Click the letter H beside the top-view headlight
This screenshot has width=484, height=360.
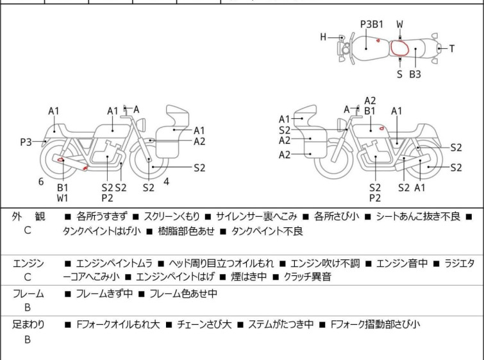(x=324, y=37)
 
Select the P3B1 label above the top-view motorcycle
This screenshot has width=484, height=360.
(x=371, y=24)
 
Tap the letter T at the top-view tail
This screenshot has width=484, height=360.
(x=451, y=48)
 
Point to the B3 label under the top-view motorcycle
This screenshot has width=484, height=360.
(x=415, y=74)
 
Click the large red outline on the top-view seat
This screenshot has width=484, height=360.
(x=401, y=49)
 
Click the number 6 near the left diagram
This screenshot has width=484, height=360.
(x=41, y=182)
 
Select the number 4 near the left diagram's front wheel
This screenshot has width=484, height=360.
(x=166, y=181)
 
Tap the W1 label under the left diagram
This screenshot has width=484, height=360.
(x=62, y=198)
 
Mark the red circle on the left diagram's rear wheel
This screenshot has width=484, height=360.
(x=61, y=160)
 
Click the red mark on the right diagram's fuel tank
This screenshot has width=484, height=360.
(x=382, y=129)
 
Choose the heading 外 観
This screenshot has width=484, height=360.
(x=28, y=217)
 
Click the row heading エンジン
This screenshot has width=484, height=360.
(x=28, y=263)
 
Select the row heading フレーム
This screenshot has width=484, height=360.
(x=28, y=294)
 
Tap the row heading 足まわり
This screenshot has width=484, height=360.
(x=28, y=325)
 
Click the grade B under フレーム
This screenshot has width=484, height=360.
(x=28, y=308)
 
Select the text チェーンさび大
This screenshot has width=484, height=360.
(x=204, y=325)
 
